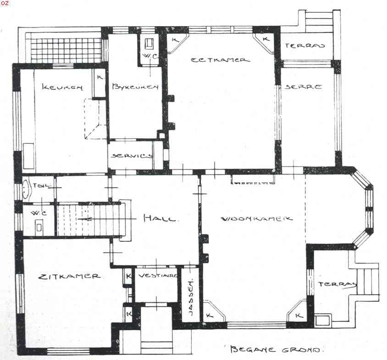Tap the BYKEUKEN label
tap(135, 87)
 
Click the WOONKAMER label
tap(257, 218)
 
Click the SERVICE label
tap(132, 155)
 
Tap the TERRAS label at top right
tap(305, 46)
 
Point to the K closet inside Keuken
tap(100, 77)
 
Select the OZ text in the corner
tap(5, 3)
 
